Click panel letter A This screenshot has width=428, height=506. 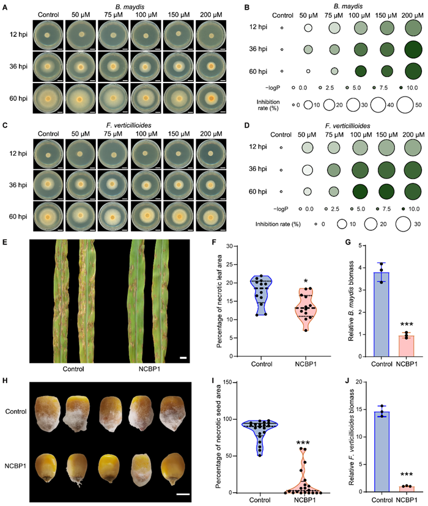point(6,6)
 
